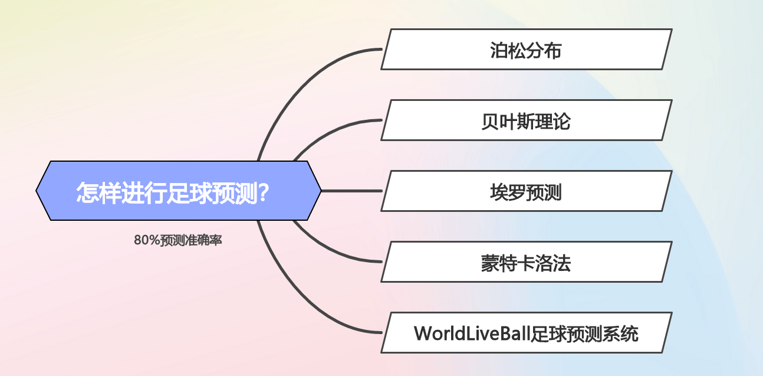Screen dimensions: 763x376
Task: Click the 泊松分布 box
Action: pos(527,50)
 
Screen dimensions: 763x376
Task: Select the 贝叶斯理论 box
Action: pos(527,120)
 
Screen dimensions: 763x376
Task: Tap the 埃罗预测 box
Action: pos(527,191)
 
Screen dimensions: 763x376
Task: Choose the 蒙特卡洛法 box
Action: pos(527,262)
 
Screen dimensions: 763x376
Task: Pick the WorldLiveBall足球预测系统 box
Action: pos(527,332)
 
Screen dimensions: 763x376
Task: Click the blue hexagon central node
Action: pos(179,191)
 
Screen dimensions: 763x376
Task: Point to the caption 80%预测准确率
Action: pos(178,240)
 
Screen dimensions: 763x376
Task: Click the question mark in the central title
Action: pos(264,192)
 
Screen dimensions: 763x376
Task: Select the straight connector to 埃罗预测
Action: pos(351,191)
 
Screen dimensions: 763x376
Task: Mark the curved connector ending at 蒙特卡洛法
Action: pos(330,250)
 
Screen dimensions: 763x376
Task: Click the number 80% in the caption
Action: pos(147,240)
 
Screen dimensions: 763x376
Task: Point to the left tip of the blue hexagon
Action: pos(36,191)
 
